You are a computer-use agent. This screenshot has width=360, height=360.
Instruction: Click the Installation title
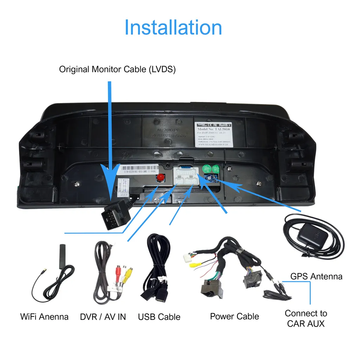click(173, 28)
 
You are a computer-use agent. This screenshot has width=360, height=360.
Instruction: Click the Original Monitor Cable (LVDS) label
click(117, 69)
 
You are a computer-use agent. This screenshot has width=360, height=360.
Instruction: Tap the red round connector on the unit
click(161, 177)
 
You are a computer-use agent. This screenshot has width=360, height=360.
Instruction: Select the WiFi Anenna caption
click(44, 316)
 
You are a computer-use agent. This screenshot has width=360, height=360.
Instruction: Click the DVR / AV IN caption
click(103, 317)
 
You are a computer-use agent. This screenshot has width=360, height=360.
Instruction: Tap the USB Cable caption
click(159, 317)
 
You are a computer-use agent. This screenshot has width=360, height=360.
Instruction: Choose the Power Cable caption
click(234, 316)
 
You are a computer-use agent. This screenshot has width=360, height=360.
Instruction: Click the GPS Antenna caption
click(316, 276)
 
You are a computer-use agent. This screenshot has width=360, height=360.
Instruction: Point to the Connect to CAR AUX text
click(306, 318)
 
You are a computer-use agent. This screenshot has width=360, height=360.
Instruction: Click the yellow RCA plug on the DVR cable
click(130, 272)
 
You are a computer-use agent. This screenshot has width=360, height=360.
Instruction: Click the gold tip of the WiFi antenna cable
click(43, 271)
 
